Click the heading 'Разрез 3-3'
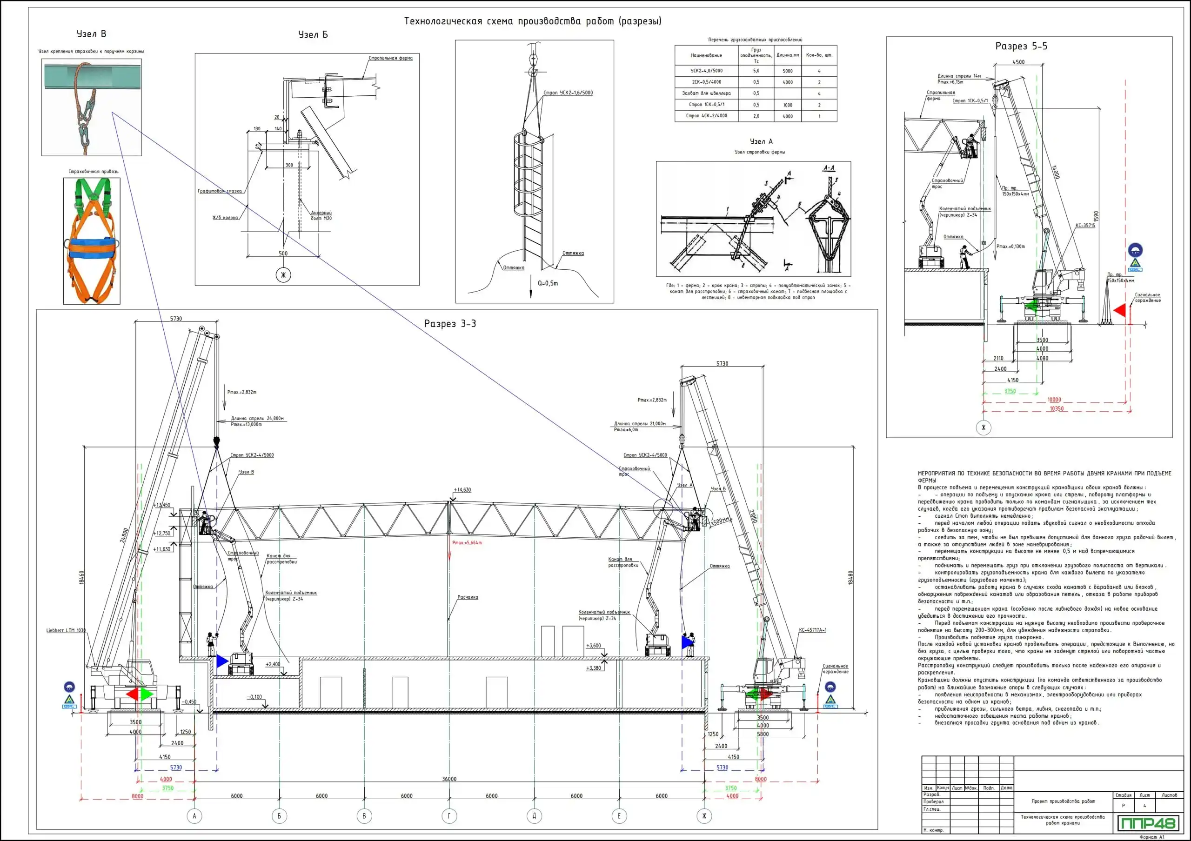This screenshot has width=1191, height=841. point(450,324)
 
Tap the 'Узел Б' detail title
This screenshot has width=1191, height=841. point(313,35)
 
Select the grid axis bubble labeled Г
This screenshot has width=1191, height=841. point(449,815)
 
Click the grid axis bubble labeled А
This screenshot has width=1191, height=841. point(194,815)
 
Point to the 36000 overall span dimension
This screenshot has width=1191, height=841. point(449,779)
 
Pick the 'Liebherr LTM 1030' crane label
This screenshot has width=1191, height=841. point(66,630)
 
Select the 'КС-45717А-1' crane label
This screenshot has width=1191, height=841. point(812,630)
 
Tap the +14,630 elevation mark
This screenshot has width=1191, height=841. point(462,489)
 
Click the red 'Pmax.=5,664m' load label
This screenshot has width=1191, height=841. point(467,543)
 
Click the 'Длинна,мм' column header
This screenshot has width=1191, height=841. point(788,55)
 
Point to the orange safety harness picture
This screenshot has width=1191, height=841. point(92,241)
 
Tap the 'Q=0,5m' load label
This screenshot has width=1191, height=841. point(548,283)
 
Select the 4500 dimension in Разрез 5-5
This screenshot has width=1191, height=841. point(1018,62)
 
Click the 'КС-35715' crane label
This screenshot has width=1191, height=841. point(1085,226)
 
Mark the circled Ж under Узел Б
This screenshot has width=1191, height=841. point(283,275)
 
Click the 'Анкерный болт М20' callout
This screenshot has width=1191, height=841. point(321,215)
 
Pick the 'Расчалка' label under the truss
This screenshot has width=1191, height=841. point(468,597)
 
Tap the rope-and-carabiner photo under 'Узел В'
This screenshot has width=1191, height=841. point(91,107)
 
